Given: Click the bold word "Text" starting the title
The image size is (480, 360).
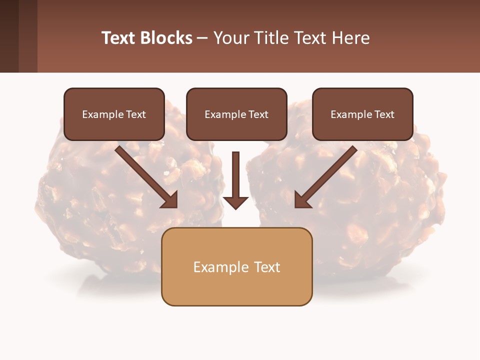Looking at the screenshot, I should point(119,38).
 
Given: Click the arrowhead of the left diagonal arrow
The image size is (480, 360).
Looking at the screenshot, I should point(170,200).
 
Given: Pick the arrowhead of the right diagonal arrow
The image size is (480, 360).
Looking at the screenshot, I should point(302,200).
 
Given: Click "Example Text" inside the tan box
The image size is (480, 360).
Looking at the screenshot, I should point(236,267).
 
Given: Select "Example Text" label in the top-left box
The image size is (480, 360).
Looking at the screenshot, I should point(114,114).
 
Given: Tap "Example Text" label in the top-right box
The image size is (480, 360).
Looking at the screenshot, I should point(362,114).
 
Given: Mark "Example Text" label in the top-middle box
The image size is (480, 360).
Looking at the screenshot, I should point(236,114).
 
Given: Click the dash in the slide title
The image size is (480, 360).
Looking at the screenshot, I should point(203,38).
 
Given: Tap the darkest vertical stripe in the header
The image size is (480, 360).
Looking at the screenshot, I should point(9,36).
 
